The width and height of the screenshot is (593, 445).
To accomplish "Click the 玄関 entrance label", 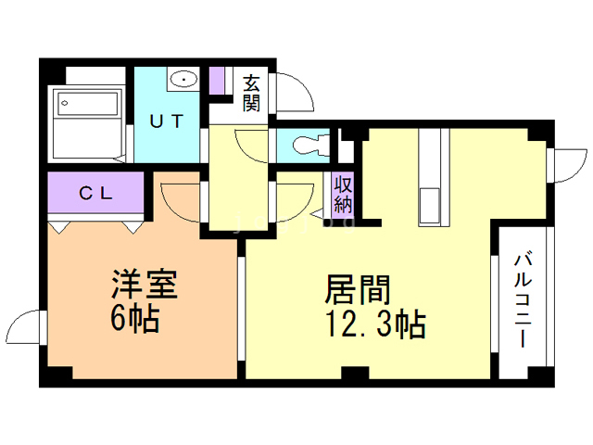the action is tap(251, 93).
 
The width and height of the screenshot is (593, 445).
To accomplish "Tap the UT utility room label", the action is tap(167, 121).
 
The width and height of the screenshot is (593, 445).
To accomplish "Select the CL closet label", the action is tap(95, 194).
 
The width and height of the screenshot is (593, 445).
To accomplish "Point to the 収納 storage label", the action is tap(343, 195).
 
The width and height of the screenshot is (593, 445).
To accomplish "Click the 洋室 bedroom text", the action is tap(145, 285).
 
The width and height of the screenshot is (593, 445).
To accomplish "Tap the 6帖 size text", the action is tap(134, 319).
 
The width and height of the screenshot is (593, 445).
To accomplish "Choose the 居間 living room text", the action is tap(358, 289).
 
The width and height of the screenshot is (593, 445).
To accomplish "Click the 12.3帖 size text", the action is tap(375, 324).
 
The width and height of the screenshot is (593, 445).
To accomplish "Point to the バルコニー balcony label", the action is tap(523, 300).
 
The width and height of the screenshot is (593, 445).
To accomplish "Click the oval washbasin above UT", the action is tap(183, 80).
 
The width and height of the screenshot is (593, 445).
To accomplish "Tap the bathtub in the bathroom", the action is tap(87, 103).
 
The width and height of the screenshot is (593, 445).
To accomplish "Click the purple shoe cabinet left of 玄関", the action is tap(218, 81).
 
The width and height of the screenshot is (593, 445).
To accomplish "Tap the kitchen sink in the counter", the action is tap(429, 207).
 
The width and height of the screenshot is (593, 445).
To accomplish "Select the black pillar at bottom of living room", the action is tap(355, 373).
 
